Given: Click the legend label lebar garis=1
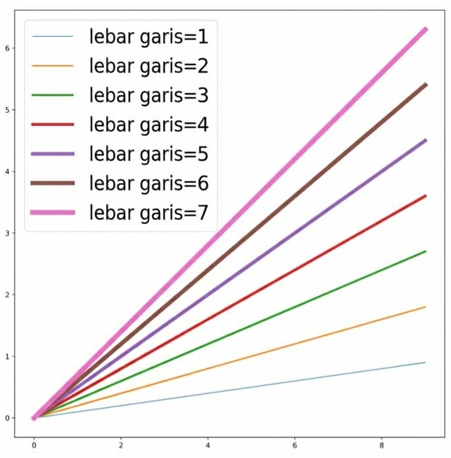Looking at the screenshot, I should click(148, 37).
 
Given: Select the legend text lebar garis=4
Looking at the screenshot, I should click(148, 125).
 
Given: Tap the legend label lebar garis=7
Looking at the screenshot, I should click(148, 213).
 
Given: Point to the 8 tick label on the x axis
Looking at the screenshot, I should click(382, 446).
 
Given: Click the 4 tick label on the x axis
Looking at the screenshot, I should click(208, 446).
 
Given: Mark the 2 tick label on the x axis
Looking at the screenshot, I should click(121, 446).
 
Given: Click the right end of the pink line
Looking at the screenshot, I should click(425, 29).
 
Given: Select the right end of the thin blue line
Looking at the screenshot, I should click(425, 362).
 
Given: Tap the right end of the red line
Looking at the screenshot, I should click(425, 196).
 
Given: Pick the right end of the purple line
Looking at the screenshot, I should click(425, 140).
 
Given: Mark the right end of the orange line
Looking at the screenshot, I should click(425, 307).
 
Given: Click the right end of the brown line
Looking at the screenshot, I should click(425, 85).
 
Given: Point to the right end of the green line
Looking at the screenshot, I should click(425, 251).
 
